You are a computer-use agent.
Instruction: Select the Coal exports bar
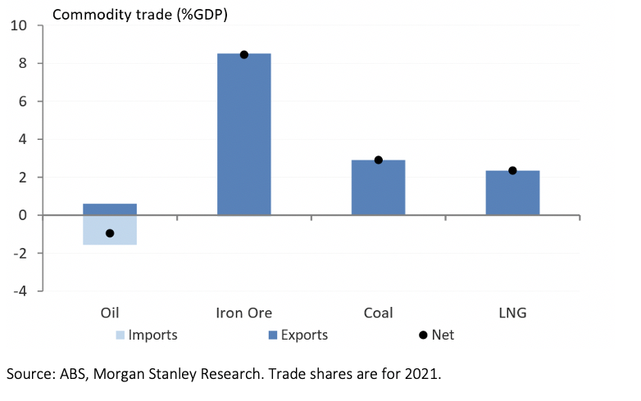tap(378, 187)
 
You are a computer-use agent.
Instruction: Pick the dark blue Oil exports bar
tap(110, 210)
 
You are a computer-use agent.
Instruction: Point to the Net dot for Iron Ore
tap(243, 55)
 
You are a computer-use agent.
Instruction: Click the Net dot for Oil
tap(110, 233)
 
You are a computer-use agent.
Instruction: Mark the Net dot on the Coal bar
tap(378, 160)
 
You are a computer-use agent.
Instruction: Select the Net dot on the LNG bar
tap(512, 170)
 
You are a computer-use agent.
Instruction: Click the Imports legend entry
tap(144, 335)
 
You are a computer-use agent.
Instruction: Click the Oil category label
tap(110, 313)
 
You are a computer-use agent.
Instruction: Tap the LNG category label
tap(512, 313)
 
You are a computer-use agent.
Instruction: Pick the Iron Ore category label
tap(243, 313)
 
